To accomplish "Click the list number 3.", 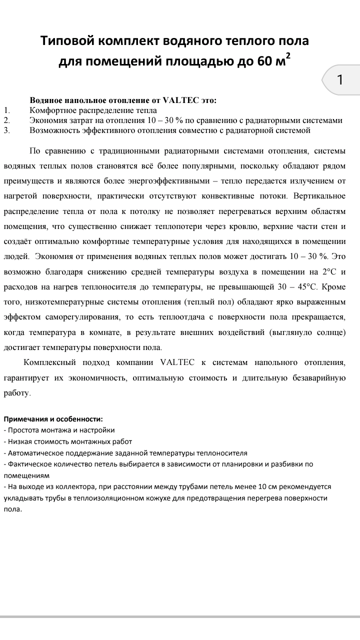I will pyautogui.click(x=6, y=130).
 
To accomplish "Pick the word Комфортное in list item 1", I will pyautogui.click(x=52, y=110).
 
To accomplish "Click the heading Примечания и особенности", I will pyautogui.click(x=53, y=419).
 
